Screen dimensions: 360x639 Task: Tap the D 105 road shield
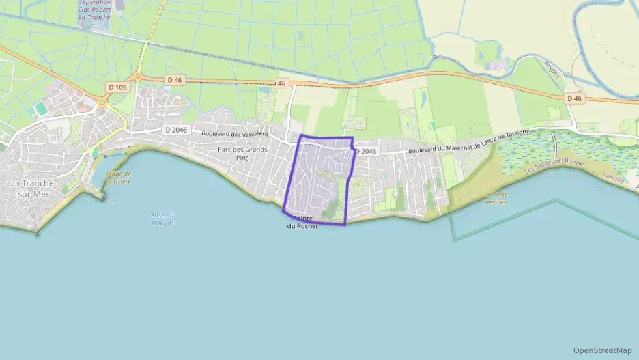point(118,87)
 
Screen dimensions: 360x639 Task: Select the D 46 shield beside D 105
point(174,80)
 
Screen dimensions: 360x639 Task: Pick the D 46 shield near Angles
point(574,98)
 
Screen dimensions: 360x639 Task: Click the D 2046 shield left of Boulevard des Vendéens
point(176,130)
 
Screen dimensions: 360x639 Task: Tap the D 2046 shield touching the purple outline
point(365,151)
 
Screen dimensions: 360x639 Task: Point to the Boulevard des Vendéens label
point(234,134)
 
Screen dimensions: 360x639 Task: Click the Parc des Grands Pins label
point(242,153)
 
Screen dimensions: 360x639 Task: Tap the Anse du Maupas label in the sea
point(162,219)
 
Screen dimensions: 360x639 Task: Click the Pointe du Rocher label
point(302,222)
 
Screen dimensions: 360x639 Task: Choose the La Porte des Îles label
point(496,198)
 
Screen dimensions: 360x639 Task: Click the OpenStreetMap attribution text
point(602,350)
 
